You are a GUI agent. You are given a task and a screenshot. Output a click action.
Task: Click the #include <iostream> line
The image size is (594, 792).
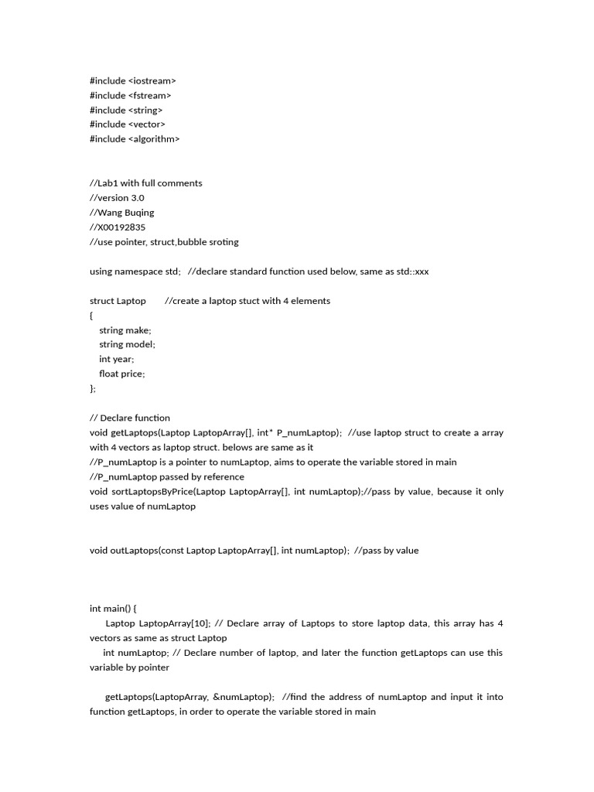click(132, 80)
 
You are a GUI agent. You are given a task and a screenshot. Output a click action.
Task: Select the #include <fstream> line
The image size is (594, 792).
click(130, 95)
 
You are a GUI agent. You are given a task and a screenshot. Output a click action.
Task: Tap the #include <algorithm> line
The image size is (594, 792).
click(135, 139)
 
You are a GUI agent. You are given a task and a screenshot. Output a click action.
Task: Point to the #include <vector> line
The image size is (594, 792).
click(128, 125)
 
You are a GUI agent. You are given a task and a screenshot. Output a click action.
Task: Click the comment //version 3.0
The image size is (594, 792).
click(117, 198)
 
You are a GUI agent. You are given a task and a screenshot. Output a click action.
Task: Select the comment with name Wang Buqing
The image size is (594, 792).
click(122, 213)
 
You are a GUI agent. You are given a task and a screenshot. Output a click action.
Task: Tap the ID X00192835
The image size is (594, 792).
click(120, 227)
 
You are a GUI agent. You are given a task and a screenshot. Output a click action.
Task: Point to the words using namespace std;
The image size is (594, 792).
click(135, 271)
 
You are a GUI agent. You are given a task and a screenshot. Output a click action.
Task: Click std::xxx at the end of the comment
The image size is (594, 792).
click(411, 271)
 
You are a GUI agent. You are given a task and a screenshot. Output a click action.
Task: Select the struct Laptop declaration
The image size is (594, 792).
click(118, 301)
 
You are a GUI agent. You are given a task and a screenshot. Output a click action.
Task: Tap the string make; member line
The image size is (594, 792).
click(125, 330)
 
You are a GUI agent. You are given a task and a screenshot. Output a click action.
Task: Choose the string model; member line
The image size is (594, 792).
click(127, 345)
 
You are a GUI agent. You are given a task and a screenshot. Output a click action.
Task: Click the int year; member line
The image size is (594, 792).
click(116, 360)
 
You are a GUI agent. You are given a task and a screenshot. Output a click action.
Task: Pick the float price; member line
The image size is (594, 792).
click(121, 374)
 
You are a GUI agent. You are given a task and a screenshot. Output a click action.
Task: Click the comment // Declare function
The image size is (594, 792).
click(130, 418)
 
